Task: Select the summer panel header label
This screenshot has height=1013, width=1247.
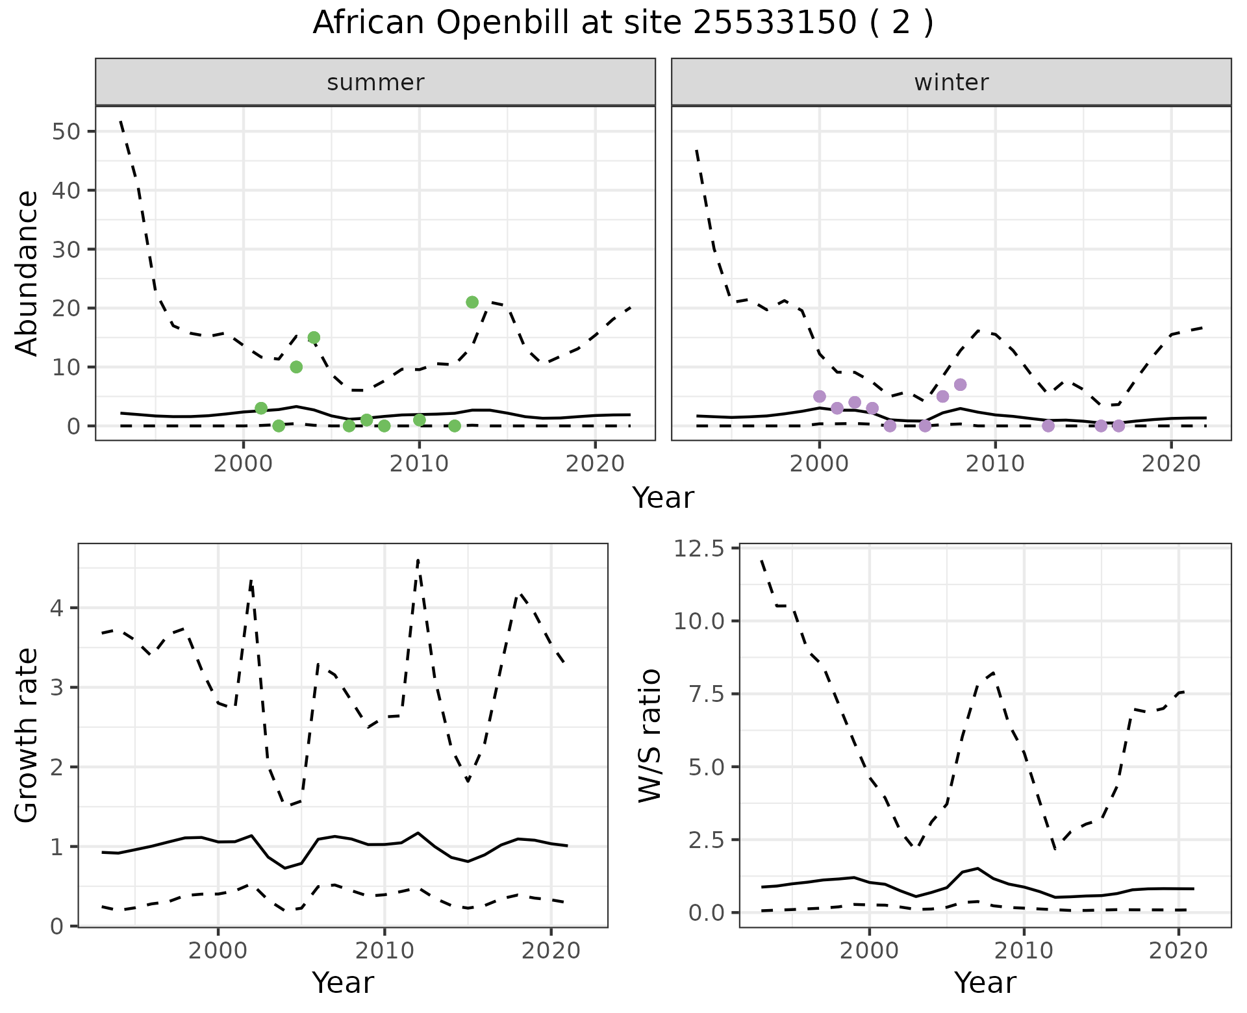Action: coord(375,82)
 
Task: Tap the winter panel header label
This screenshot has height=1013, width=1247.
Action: coord(951,82)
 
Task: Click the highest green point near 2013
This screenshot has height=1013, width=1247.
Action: coord(472,302)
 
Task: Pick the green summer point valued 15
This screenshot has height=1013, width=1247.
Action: coord(314,337)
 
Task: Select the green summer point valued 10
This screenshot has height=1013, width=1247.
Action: coord(296,367)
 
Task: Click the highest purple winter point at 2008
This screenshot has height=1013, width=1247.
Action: coord(960,384)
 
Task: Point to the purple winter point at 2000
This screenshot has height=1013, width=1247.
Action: coord(820,396)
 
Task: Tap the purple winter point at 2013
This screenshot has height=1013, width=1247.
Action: coord(1048,426)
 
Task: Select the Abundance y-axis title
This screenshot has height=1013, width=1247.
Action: coord(27,273)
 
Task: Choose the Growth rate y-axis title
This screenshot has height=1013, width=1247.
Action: coord(27,736)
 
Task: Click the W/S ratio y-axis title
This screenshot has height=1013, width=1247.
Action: coord(649,736)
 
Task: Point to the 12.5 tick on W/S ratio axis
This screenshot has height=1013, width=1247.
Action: coord(699,549)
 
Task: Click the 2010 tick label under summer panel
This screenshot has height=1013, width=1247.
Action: coord(419,464)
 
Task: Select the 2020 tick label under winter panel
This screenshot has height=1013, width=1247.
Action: coord(1171,464)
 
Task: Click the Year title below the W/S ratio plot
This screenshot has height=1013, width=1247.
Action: coord(985,983)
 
